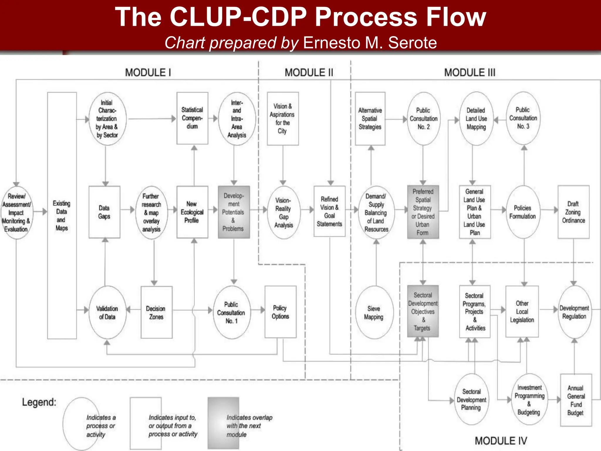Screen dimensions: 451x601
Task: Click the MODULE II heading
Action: (309, 73)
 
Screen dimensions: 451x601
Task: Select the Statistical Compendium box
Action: (192, 118)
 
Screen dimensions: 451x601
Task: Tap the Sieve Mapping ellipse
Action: (374, 312)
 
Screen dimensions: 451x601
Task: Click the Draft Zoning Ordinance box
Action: (573, 212)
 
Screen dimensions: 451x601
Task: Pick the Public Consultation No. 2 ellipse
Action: (423, 119)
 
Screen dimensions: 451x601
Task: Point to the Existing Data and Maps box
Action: (62, 216)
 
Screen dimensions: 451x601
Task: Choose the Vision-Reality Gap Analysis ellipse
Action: (283, 212)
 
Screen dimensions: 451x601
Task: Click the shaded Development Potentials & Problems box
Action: (234, 212)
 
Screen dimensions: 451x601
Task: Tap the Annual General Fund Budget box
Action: (576, 400)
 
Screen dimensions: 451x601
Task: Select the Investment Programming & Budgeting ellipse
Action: (529, 400)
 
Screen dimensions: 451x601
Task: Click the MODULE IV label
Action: (501, 441)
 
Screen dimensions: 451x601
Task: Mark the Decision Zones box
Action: (156, 312)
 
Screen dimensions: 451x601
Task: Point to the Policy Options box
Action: (280, 312)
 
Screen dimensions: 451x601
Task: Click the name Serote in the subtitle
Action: (412, 43)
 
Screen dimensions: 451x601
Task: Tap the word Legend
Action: (39, 402)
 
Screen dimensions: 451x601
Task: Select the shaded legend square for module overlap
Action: (223, 423)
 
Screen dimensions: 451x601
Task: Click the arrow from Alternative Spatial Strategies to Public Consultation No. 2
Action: (396, 119)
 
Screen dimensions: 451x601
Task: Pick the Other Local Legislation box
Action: (522, 312)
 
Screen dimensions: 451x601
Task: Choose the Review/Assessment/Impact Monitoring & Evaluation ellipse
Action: (16, 212)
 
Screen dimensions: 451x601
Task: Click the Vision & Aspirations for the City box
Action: (283, 119)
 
